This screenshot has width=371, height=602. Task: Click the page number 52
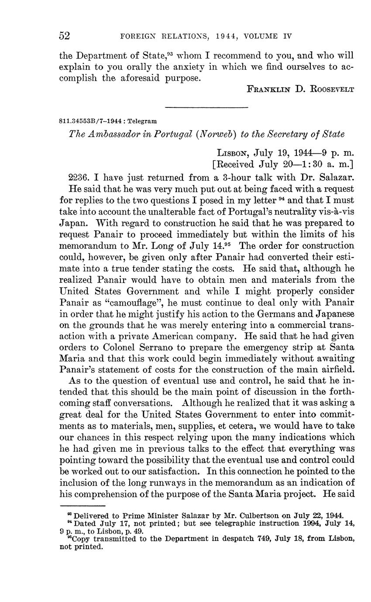tap(65, 36)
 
